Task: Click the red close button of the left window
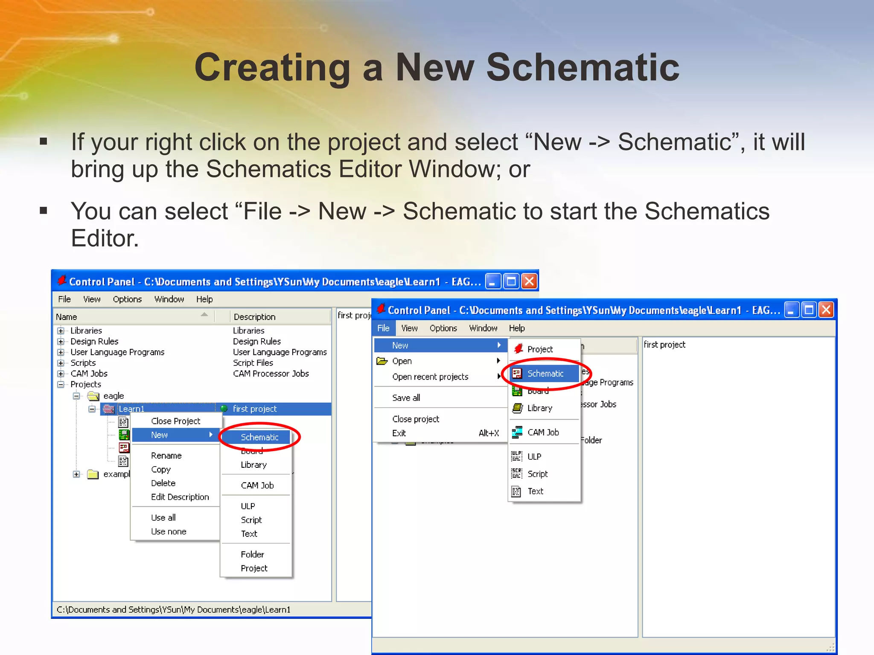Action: (530, 281)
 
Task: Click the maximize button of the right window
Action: (808, 310)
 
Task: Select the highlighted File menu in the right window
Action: (383, 328)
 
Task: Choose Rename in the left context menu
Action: (166, 455)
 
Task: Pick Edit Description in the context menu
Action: (180, 497)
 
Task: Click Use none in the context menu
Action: (169, 531)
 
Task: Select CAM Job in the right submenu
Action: (543, 432)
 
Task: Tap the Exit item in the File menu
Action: (399, 433)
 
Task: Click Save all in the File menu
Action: (406, 398)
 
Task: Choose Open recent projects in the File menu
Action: (430, 377)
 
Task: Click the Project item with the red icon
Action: (539, 349)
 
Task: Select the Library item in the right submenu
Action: (539, 408)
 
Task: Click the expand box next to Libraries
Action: (61, 331)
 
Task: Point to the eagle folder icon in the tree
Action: (93, 396)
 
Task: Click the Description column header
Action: (255, 317)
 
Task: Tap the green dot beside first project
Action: (224, 409)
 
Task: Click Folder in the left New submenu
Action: (252, 554)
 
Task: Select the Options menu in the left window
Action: (127, 299)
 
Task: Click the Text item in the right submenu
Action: (535, 491)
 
